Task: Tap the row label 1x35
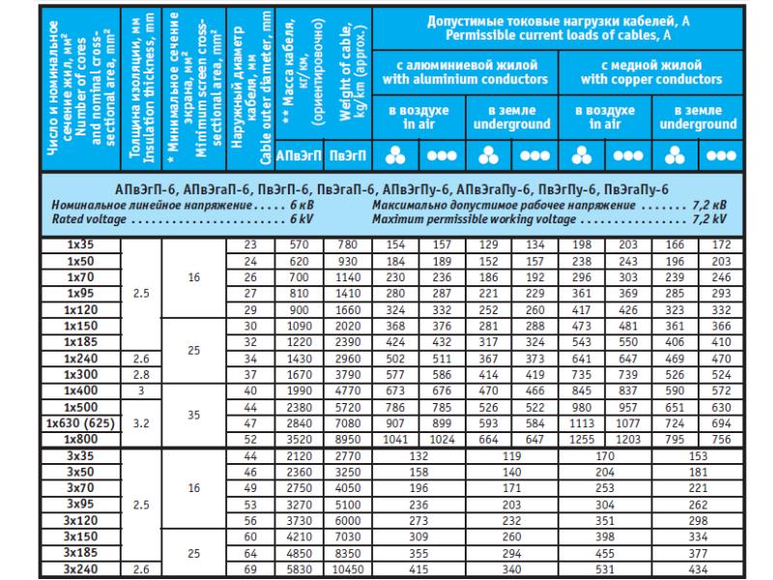point(80,246)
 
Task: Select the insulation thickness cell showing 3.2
point(141,422)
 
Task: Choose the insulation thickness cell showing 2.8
point(141,374)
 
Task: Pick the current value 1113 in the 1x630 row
point(583,422)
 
